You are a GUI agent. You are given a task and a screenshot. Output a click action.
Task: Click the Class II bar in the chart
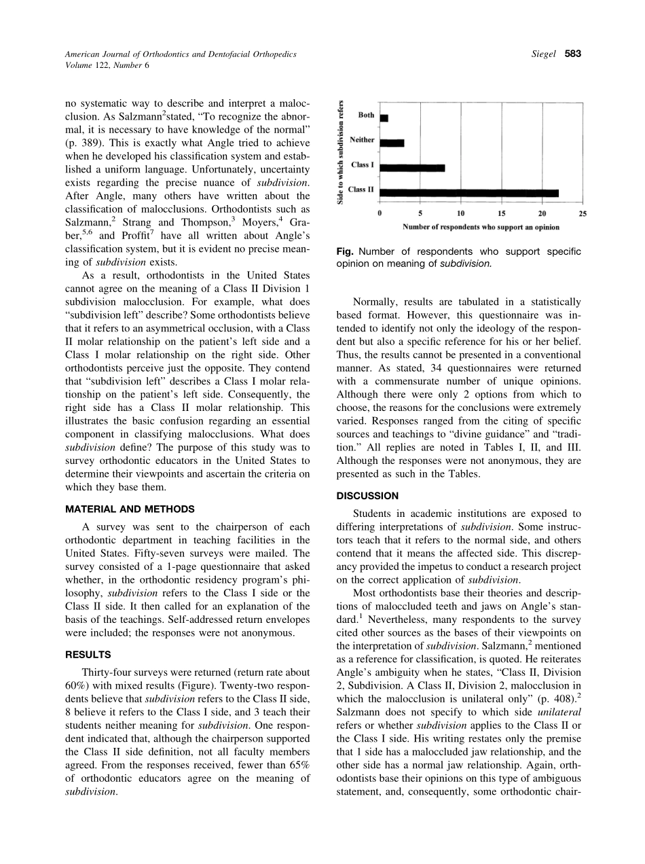468,193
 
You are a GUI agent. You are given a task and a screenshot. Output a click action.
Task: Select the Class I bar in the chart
412,168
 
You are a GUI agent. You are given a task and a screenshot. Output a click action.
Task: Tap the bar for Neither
392,143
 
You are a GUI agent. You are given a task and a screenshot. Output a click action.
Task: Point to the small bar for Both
384,118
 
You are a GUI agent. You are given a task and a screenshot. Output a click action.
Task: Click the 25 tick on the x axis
582,213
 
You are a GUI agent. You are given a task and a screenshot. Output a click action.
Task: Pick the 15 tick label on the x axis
501,213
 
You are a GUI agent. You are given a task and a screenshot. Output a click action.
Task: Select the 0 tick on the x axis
380,213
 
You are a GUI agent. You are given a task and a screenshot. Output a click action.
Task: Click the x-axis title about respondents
481,226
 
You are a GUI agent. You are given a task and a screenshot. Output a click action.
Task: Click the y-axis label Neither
362,140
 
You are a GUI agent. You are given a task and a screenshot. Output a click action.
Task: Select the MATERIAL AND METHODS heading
130,509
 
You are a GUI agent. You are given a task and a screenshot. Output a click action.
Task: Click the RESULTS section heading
88,655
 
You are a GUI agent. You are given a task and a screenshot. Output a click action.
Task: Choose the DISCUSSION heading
367,496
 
